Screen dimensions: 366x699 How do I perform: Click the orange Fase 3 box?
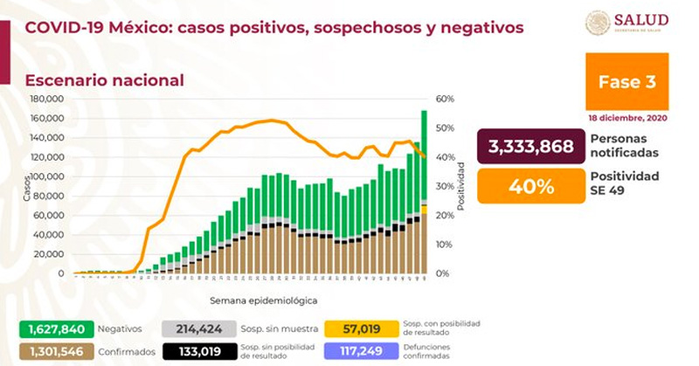pos(627,83)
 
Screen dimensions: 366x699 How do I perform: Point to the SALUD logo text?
pos(641,19)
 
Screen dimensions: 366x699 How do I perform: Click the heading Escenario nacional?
pos(104,80)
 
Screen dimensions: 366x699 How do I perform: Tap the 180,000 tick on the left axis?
pos(48,99)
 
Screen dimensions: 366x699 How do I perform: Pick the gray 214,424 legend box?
pos(199,329)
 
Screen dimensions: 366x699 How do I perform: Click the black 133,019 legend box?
pos(199,351)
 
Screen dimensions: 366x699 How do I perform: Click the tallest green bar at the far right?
pos(424,157)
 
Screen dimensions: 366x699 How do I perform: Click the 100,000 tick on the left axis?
pos(48,176)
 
